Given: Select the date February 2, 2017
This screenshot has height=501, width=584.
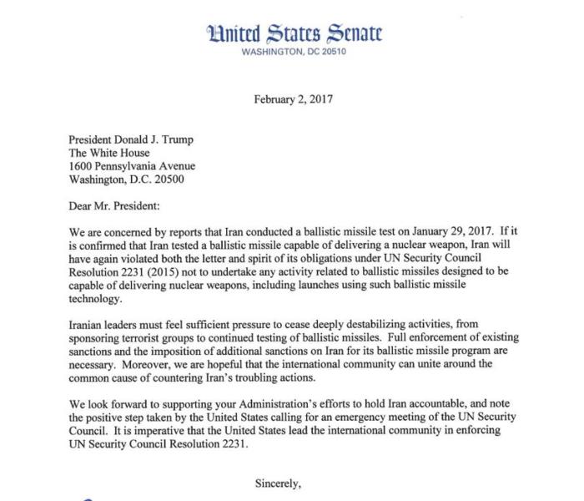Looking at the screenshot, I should pyautogui.click(x=293, y=99).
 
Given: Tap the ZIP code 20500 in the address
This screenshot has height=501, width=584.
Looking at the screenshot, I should pyautogui.click(x=165, y=180).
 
